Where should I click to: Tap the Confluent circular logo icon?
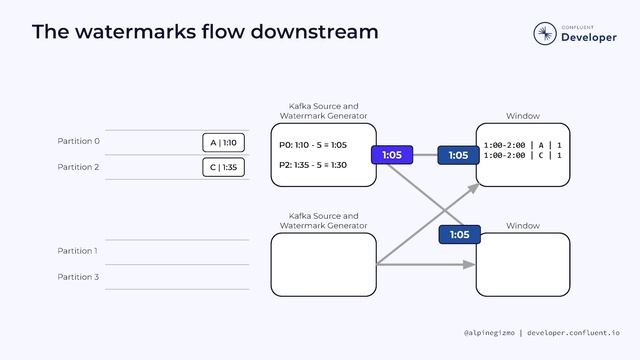tap(545, 33)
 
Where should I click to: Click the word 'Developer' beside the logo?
tap(589, 37)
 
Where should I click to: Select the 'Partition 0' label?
tap(78, 141)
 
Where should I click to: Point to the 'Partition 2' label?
tap(78, 167)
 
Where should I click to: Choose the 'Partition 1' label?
tap(77, 251)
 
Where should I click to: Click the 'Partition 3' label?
tap(77, 276)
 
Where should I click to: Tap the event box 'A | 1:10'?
tap(223, 142)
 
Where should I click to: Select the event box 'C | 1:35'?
tap(223, 167)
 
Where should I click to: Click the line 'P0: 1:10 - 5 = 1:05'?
tap(313, 145)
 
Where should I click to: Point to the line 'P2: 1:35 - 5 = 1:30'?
tap(313, 165)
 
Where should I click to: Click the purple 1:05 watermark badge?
tap(392, 155)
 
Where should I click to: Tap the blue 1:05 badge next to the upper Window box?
tap(458, 155)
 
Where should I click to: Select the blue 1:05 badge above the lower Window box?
tap(459, 235)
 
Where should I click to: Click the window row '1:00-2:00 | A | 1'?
tap(522, 145)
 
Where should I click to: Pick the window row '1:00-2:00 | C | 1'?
tap(522, 156)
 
